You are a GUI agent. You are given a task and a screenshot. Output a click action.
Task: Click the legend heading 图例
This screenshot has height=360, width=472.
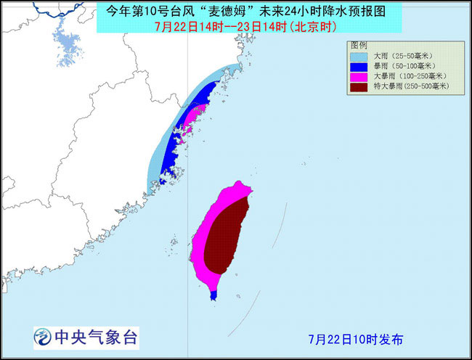coord(361,44)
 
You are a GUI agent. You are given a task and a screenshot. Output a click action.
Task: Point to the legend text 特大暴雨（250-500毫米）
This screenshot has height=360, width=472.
coord(411,86)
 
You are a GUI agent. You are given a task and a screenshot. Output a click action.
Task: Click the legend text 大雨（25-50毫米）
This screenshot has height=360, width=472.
coord(404,55)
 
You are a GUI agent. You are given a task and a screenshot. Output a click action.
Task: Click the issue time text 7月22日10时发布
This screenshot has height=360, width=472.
coord(355,339)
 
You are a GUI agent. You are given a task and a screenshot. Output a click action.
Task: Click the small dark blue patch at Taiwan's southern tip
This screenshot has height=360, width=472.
coord(213,295)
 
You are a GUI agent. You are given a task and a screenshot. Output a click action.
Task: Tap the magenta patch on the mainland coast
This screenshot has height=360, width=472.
coord(194,115)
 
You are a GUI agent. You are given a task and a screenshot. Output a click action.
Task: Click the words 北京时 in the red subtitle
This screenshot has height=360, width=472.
coord(302,27)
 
